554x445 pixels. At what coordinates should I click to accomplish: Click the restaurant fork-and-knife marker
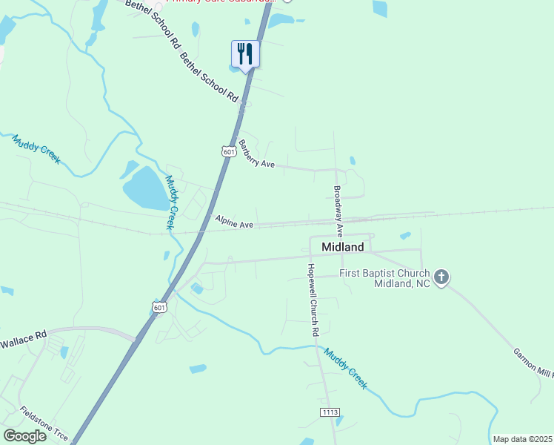[245, 54]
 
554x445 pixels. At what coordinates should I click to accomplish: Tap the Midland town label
[342, 247]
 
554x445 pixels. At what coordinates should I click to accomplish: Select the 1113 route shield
[330, 412]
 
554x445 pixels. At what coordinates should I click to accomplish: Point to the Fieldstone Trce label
[44, 423]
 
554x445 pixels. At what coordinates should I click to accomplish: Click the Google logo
[25, 436]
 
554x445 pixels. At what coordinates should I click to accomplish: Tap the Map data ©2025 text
[521, 439]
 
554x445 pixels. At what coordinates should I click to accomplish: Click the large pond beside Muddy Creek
[145, 187]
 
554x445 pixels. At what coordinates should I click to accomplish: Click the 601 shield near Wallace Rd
[160, 307]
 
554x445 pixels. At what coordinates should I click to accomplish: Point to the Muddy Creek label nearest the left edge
[36, 148]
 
